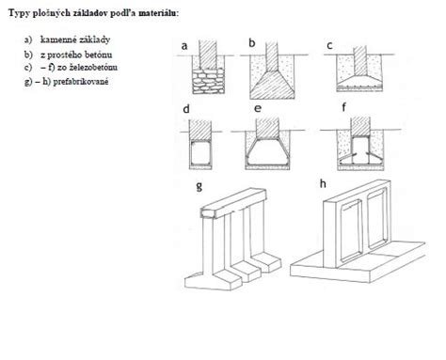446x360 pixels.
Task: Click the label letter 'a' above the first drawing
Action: [185, 45]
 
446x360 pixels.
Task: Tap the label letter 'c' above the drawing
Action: [329, 45]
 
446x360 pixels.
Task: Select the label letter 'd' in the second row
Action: [187, 111]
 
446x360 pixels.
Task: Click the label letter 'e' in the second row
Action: [257, 111]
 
